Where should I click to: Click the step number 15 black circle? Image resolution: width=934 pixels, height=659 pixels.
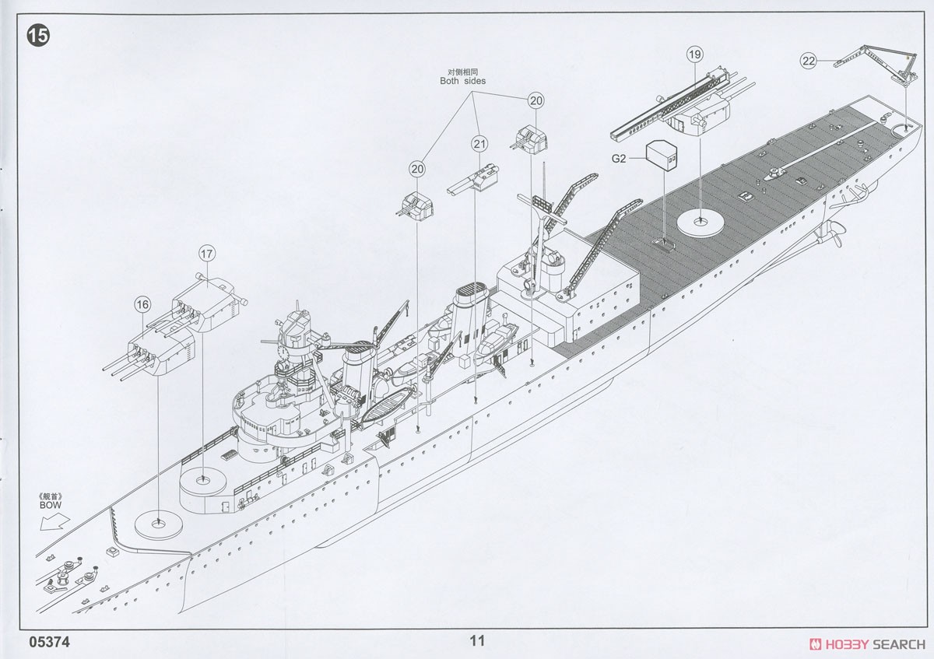click(x=38, y=36)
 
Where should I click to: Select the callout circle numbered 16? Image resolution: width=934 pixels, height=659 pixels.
click(x=142, y=305)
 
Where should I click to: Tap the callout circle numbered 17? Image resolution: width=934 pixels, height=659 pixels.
click(x=207, y=254)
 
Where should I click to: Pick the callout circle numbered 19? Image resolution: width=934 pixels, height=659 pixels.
click(x=694, y=54)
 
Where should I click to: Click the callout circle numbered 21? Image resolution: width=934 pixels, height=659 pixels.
click(x=479, y=144)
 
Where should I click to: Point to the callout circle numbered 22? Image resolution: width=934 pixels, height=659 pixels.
click(x=809, y=61)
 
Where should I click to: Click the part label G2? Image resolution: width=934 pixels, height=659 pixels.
click(x=619, y=159)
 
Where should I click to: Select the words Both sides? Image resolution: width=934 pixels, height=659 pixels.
click(x=463, y=81)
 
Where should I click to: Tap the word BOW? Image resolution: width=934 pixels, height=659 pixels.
click(x=51, y=505)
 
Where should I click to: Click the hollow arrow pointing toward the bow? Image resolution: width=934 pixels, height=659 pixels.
click(x=54, y=522)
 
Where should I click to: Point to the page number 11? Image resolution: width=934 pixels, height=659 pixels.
click(x=477, y=640)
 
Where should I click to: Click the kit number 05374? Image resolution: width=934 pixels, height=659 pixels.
click(x=50, y=643)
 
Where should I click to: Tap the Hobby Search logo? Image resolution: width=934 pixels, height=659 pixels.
click(x=867, y=644)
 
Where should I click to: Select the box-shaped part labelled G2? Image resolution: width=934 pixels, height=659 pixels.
click(x=662, y=156)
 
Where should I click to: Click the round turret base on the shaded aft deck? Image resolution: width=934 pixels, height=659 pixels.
click(x=700, y=224)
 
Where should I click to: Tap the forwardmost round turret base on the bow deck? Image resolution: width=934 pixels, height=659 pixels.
click(x=158, y=524)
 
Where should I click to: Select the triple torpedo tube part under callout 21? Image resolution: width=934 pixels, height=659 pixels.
click(x=473, y=180)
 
